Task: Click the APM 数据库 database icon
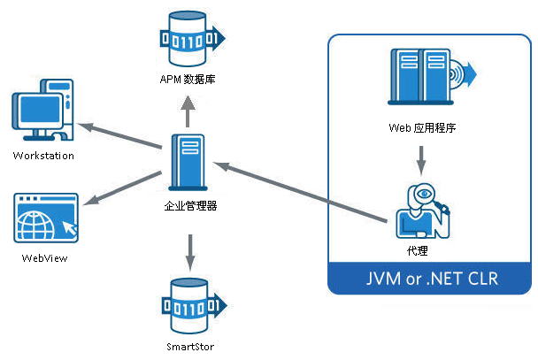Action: click(x=188, y=40)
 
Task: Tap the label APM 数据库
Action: click(x=188, y=80)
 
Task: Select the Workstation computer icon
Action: click(x=42, y=111)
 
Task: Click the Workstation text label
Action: click(x=43, y=156)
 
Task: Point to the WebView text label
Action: click(x=44, y=258)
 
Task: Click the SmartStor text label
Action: click(x=188, y=347)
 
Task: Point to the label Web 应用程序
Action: click(x=422, y=127)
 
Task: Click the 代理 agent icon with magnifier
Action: click(x=423, y=211)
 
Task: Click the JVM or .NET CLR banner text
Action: click(x=432, y=279)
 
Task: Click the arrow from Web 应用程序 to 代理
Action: click(x=422, y=159)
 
